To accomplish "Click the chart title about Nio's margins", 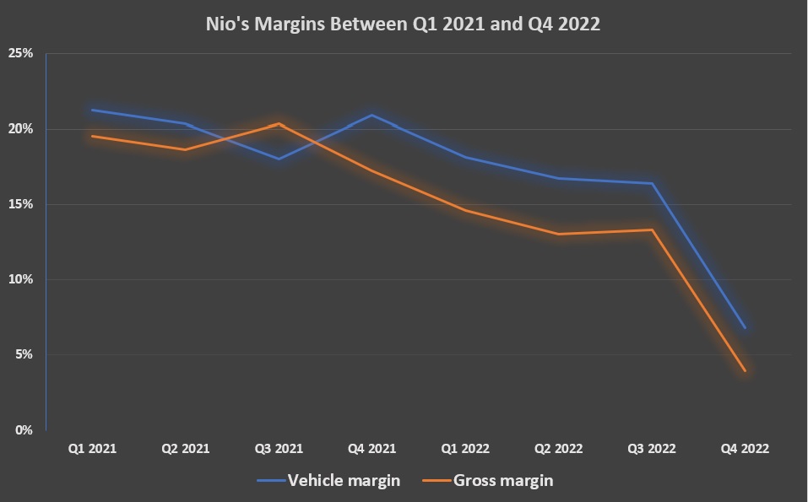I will [403, 24].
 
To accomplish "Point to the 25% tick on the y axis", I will [21, 53].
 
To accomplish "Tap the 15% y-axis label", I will [21, 204].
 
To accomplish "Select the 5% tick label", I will [24, 354].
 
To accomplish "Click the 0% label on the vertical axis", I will [24, 429].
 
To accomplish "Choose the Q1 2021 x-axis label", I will [92, 449].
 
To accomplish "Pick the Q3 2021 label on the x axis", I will [279, 449].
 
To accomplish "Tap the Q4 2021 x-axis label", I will [371, 449].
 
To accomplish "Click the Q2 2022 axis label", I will [558, 449].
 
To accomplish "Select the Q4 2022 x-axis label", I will [745, 449].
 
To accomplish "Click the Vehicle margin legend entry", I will [329, 481].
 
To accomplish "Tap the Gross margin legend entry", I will [490, 481].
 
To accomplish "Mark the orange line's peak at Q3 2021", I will [279, 124].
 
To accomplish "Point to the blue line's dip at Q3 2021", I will [279, 159].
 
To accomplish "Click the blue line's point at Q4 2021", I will [371, 115].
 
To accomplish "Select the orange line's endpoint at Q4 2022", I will [745, 370].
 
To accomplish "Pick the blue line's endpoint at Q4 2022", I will [745, 327].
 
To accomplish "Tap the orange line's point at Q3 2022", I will [652, 229].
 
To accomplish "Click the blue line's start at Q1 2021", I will [92, 110].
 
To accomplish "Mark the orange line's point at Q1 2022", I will [465, 210].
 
